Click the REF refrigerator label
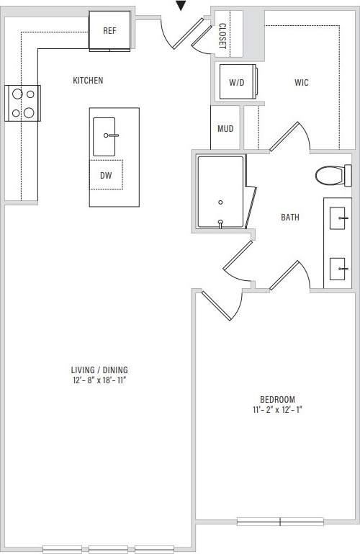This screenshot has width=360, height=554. click(x=109, y=31)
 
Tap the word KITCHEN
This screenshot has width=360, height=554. click(x=88, y=81)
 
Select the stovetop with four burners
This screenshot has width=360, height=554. click(x=22, y=103)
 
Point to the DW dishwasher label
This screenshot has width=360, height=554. click(x=106, y=175)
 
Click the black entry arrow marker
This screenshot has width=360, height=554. click(x=181, y=6)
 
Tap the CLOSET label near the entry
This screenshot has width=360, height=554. click(x=222, y=35)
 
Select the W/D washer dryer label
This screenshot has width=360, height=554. click(x=236, y=83)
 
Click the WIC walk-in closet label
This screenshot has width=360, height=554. click(x=302, y=83)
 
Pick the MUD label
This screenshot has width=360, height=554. click(x=225, y=129)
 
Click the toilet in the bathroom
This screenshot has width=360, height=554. click(x=333, y=174)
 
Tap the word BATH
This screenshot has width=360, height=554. click(x=290, y=217)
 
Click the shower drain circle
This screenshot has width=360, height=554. click(x=220, y=202)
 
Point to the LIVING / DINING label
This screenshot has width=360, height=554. click(x=99, y=370)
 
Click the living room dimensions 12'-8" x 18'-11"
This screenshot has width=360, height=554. click(x=99, y=380)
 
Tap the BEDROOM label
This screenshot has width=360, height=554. click(x=277, y=400)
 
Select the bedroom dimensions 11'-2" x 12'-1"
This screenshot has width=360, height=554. click(x=277, y=410)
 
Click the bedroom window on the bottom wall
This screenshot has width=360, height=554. click(x=280, y=521)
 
